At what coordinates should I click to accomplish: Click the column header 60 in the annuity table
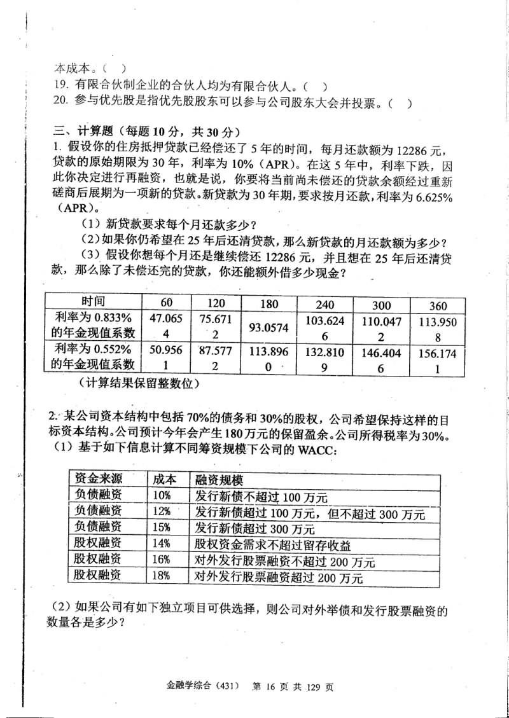click(x=166, y=301)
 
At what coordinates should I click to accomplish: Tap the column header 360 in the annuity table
click(x=438, y=305)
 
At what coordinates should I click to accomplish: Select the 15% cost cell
click(x=162, y=527)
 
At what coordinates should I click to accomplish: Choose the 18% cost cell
click(x=162, y=576)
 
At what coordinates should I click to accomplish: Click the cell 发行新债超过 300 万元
click(x=255, y=528)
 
